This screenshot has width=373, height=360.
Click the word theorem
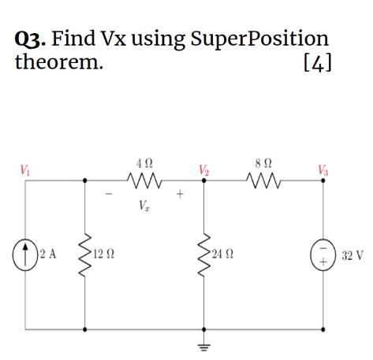[59, 62]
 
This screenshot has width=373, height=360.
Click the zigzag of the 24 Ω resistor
[203, 254]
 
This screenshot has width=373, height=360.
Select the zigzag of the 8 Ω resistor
[263, 180]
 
